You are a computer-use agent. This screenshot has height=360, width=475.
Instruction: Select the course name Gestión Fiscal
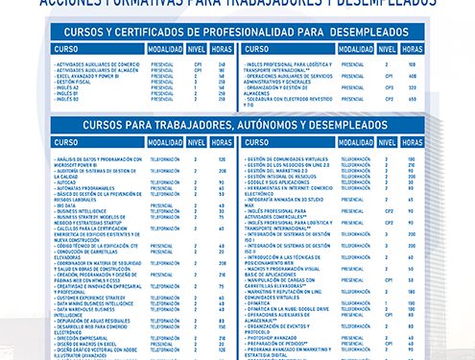76,82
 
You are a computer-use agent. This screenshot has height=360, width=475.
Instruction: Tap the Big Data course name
68,204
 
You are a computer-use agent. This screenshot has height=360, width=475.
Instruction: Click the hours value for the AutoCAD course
222,180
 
